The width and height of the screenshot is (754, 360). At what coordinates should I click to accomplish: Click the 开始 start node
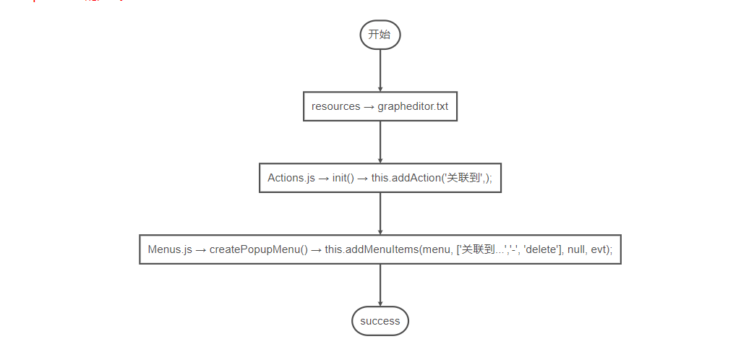pos(380,35)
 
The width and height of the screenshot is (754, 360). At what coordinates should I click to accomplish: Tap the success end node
pos(380,321)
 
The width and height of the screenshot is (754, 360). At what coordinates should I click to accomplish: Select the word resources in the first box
pos(335,106)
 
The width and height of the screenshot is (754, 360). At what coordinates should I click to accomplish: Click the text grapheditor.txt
pos(413,106)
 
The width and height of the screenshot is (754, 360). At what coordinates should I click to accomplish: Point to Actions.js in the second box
pos(291,178)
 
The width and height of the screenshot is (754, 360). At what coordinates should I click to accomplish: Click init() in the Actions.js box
pos(343,178)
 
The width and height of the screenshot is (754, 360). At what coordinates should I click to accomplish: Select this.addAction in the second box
pos(405,178)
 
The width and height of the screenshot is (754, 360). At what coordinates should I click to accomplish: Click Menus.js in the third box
pos(170,249)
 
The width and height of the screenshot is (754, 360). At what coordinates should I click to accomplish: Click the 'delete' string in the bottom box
pos(539,249)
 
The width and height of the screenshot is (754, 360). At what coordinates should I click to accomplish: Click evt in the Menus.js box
pos(601,249)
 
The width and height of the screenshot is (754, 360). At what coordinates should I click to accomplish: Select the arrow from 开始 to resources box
pos(380,71)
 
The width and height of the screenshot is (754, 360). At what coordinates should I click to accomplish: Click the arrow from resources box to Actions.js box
pos(380,142)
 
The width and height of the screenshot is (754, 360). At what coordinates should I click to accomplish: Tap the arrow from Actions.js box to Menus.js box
pos(380,213)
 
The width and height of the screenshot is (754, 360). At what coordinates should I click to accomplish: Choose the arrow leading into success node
pos(380,285)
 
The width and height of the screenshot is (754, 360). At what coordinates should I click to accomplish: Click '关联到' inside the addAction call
pos(463,178)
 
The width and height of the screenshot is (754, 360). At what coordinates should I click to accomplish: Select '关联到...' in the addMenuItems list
pos(482,249)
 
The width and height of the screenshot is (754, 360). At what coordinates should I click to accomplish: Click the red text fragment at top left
pos(72,1)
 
